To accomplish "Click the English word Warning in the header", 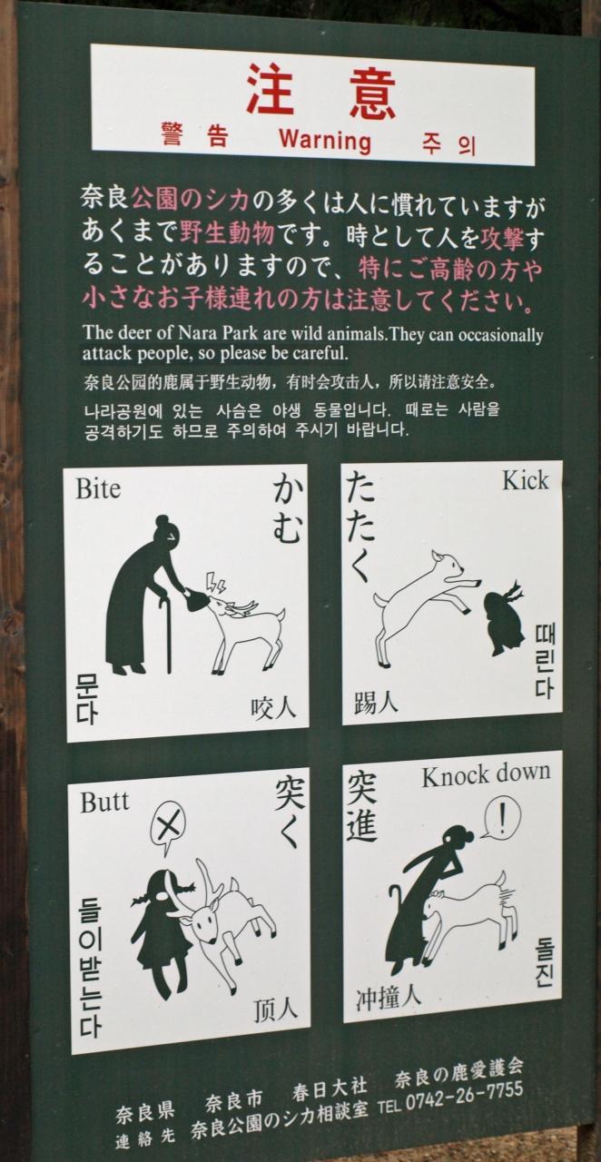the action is (x=325, y=140).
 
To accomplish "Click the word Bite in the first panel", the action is (x=98, y=488).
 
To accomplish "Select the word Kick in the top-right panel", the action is (x=525, y=481).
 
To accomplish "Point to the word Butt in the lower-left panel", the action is (x=103, y=802).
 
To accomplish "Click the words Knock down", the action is (x=486, y=776).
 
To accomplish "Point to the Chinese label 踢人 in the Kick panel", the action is (x=376, y=702).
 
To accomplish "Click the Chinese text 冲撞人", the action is (x=388, y=998).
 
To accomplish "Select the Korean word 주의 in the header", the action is (x=448, y=144).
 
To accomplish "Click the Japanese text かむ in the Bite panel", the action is (x=287, y=511).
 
